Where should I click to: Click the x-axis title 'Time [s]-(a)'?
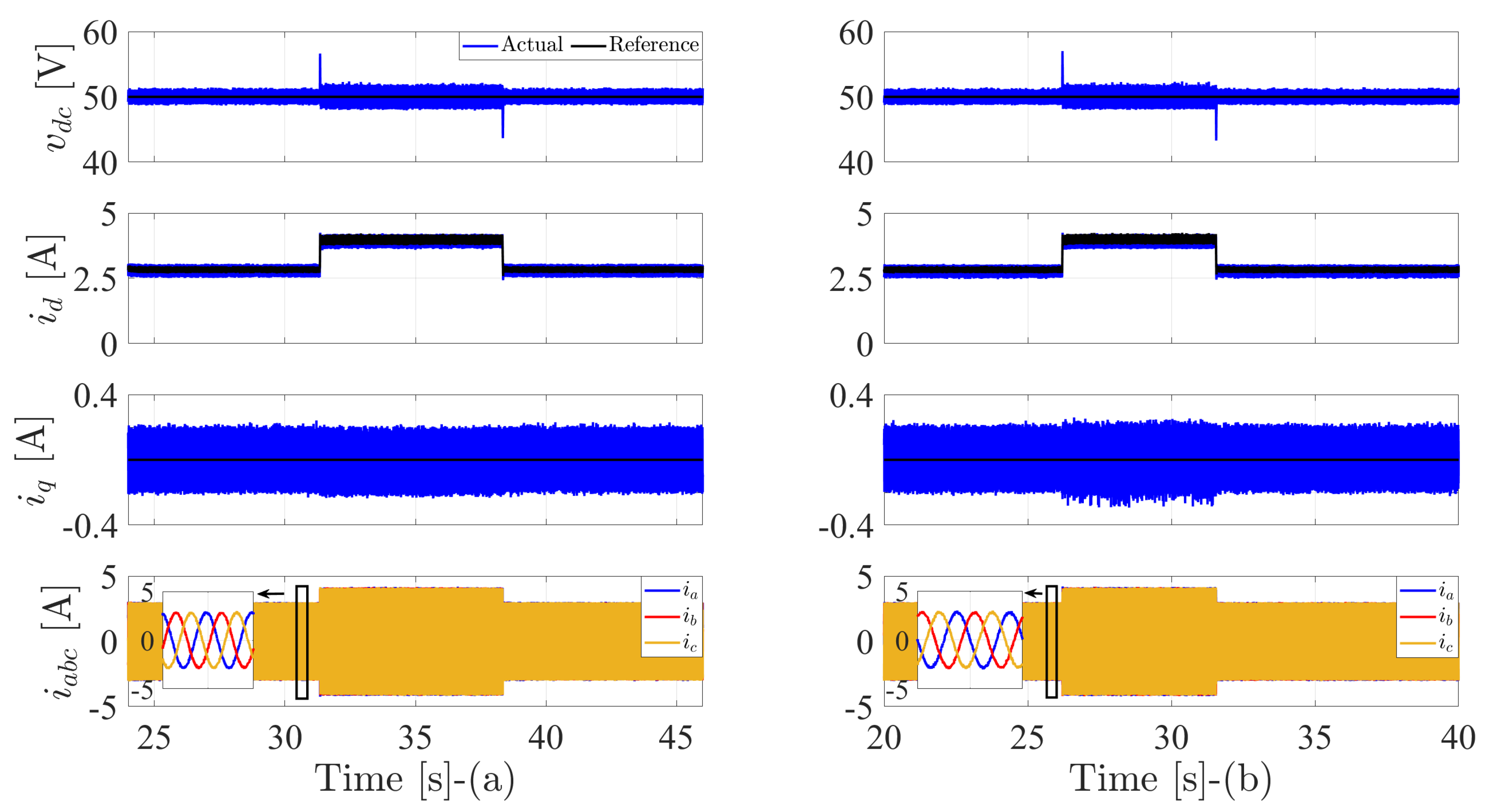coord(414,779)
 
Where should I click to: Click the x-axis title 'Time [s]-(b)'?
coord(1171,779)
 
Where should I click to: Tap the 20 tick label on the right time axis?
coord(884,738)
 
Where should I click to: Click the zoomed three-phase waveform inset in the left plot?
coord(208,640)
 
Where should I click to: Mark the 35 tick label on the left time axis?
coord(415,738)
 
